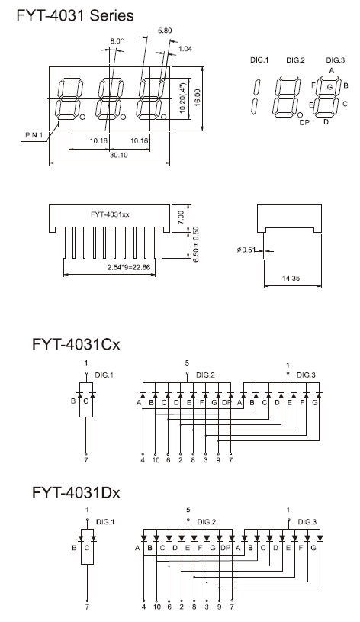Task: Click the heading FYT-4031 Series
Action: click(x=75, y=15)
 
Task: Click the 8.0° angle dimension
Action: click(x=117, y=40)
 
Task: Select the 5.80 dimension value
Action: click(x=165, y=31)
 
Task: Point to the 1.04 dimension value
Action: click(x=185, y=48)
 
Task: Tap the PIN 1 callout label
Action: click(x=34, y=135)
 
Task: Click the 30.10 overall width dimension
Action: click(x=119, y=155)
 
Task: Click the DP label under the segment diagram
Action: click(x=304, y=123)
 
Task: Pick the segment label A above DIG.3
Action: click(x=332, y=70)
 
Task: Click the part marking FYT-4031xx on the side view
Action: click(x=110, y=214)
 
